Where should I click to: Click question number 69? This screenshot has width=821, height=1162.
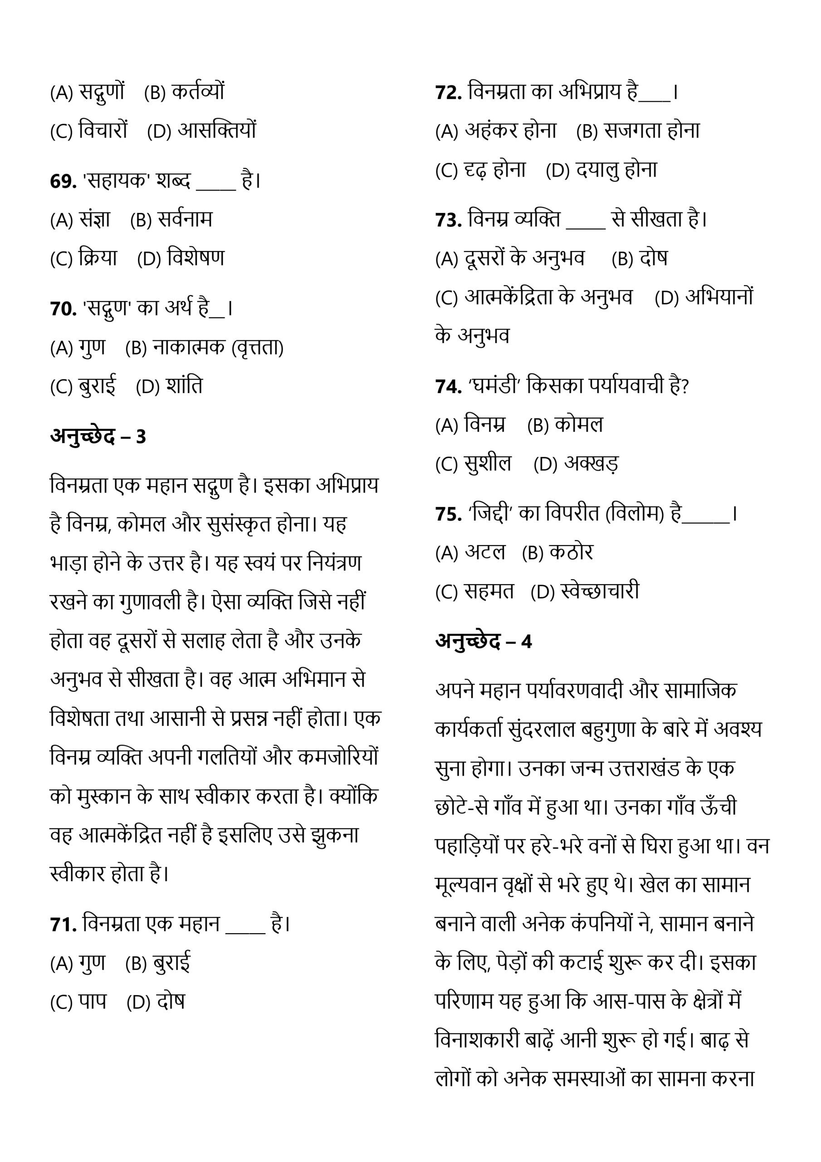[x=63, y=181]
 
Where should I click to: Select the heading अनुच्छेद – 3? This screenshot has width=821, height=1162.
[x=98, y=436]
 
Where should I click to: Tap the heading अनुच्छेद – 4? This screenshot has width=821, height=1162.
[x=484, y=641]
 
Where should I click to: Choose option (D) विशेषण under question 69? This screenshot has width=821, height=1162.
[x=181, y=259]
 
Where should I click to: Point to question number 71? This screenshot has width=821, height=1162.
[x=63, y=925]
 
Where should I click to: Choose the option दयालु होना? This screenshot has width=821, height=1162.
[x=601, y=170]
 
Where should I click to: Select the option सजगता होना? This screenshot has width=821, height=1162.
[x=638, y=131]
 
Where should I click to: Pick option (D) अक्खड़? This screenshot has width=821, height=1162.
[x=576, y=463]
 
